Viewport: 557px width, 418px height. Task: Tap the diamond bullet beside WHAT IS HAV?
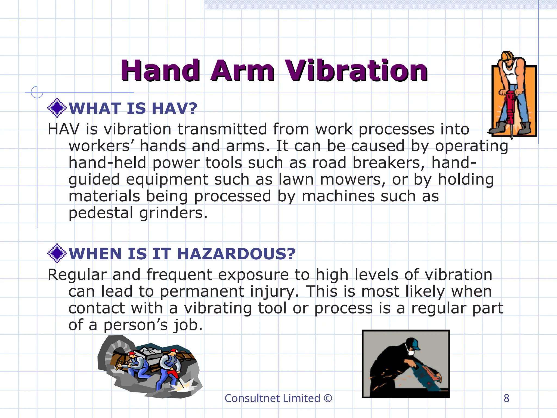coord(57,108)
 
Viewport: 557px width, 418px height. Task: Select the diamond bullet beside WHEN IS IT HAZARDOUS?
coord(57,253)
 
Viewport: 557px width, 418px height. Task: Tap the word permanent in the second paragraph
coord(202,291)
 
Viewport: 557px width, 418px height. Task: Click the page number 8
coord(506,398)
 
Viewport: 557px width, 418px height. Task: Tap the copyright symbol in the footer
coord(328,398)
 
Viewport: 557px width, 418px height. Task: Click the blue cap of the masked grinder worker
coord(415,345)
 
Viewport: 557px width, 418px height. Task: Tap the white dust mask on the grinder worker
coord(411,353)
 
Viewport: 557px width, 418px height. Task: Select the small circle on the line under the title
coord(37,92)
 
